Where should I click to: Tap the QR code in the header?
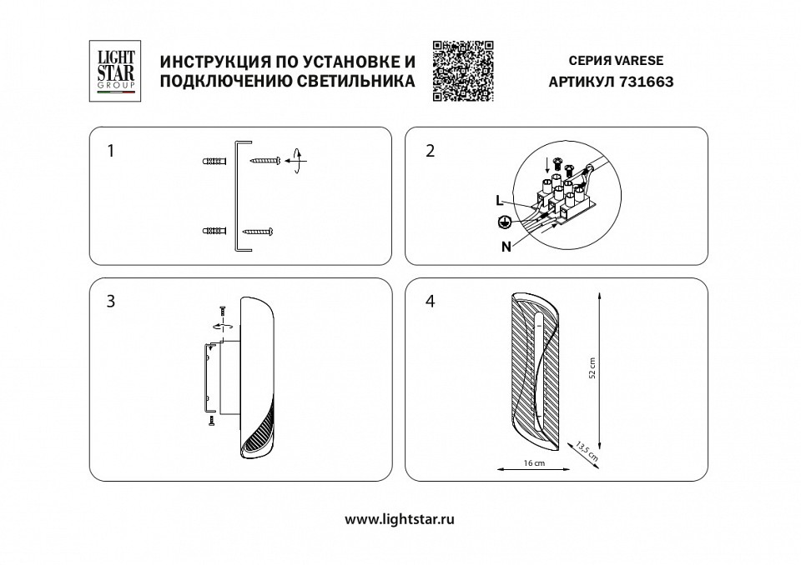[463, 71]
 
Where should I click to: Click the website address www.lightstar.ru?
[400, 518]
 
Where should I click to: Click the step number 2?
[430, 151]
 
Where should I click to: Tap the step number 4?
[430, 301]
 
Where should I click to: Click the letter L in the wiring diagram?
[498, 201]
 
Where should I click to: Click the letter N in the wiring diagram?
[506, 247]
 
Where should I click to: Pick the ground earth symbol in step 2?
[503, 222]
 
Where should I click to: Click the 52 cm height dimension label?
[592, 367]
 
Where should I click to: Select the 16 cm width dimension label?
[534, 463]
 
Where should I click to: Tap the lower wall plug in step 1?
[214, 230]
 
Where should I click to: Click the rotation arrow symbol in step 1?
[295, 159]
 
